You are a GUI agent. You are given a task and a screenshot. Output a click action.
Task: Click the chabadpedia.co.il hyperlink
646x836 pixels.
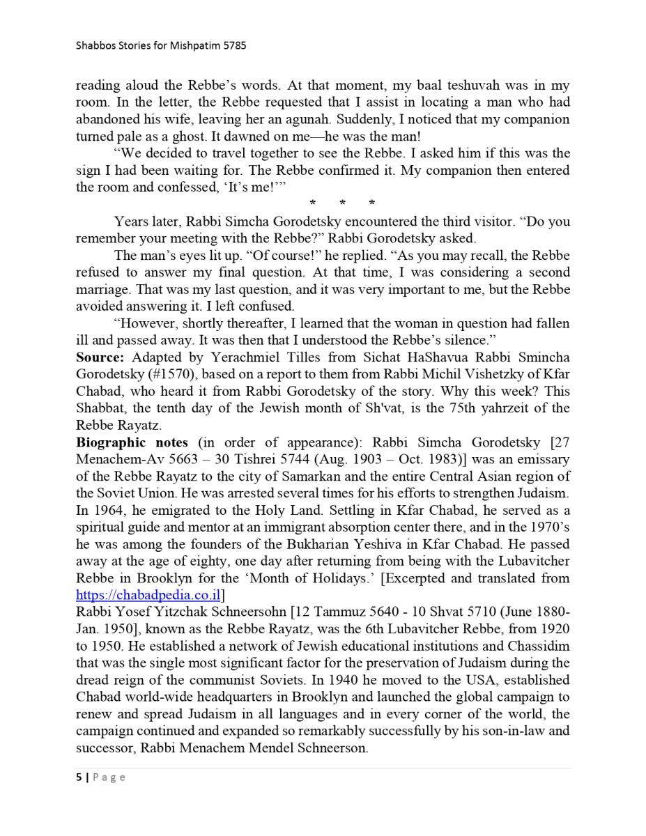tap(148, 595)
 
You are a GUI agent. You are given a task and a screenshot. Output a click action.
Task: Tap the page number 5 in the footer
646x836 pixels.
tap(79, 778)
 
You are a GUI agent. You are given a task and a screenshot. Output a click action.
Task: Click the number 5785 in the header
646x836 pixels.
tap(235, 46)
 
